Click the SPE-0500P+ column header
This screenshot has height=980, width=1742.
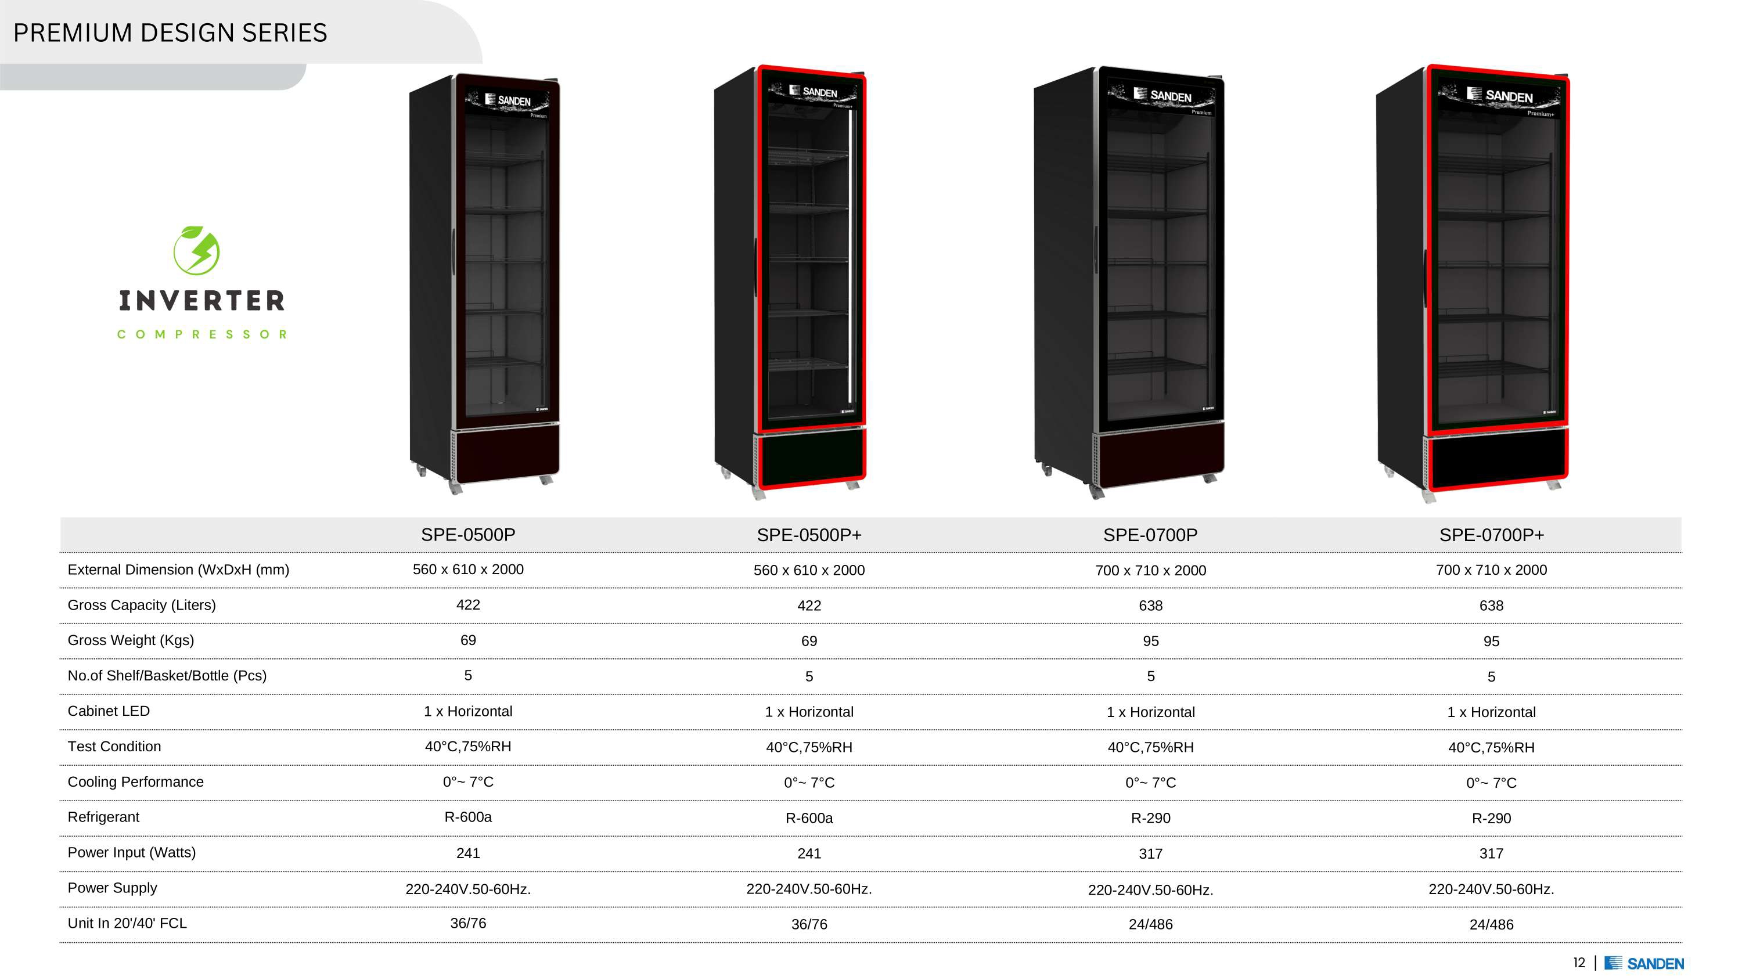(x=809, y=535)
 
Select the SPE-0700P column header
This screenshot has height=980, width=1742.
(x=1150, y=535)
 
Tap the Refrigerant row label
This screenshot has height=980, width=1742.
(x=103, y=817)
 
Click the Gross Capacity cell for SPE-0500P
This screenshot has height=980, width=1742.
(x=468, y=604)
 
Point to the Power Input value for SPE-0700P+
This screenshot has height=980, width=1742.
(x=1491, y=853)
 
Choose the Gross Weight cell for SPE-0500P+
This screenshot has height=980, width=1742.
(x=809, y=641)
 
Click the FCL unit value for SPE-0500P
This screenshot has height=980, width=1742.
(x=468, y=923)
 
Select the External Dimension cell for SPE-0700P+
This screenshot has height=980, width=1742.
(x=1491, y=570)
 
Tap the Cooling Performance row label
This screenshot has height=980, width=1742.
(x=135, y=782)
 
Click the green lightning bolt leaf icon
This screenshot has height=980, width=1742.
(x=196, y=250)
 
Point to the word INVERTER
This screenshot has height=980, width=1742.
(x=201, y=301)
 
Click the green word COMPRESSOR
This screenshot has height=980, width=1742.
(x=201, y=334)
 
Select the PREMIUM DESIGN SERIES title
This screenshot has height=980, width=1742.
(x=170, y=33)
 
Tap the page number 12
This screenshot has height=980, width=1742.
(x=1579, y=963)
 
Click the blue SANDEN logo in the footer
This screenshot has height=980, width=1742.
(x=1644, y=963)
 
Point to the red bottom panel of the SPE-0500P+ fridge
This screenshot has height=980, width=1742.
(x=812, y=456)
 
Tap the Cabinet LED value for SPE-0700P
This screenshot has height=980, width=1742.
(x=1150, y=712)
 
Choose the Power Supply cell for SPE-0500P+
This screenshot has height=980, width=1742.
(x=809, y=889)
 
